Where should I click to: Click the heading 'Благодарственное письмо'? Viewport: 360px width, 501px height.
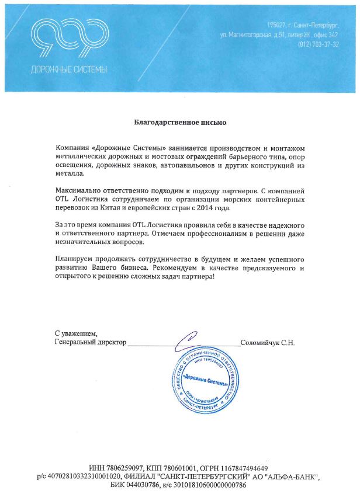(x=179, y=123)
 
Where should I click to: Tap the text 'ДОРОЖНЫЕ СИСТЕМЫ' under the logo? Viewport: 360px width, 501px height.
(x=69, y=69)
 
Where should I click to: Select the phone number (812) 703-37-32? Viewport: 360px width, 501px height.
(x=318, y=44)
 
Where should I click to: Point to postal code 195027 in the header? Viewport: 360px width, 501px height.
(x=277, y=26)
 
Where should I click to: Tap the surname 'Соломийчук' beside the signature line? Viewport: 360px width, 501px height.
(x=261, y=343)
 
